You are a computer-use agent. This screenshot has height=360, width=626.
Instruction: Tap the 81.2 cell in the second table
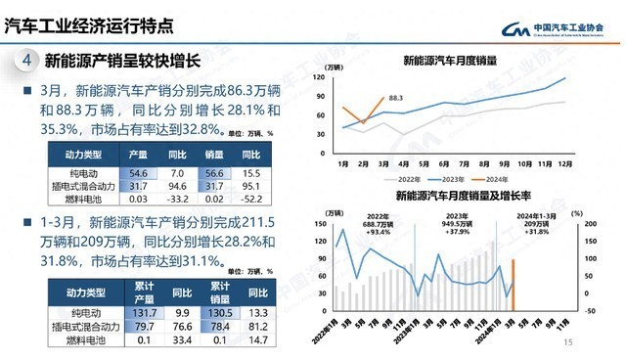click(258, 327)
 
